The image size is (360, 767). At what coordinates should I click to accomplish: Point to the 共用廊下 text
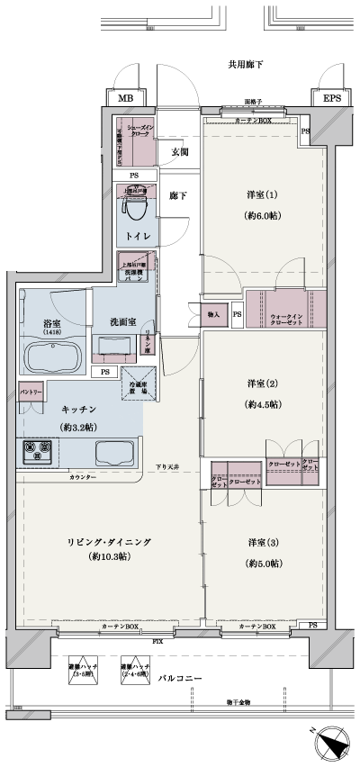[x=244, y=65]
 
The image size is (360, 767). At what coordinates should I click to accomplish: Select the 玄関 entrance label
[x=179, y=152]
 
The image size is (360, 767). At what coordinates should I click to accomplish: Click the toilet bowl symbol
[x=136, y=206]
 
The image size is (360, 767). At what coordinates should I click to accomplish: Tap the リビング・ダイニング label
[x=108, y=542]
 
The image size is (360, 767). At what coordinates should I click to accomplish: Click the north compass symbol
[x=330, y=743]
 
